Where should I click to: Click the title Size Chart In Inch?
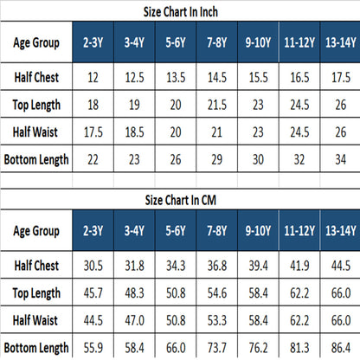pos(181,12)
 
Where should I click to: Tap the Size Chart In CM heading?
pos(181,200)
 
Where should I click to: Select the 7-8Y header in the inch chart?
pos(217,42)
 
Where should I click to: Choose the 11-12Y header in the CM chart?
pos(299,231)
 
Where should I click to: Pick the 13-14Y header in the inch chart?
pos(341,42)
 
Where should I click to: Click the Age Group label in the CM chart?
pos(36,231)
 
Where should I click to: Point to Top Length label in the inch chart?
pos(36,105)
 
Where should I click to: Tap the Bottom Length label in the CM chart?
pos(36,348)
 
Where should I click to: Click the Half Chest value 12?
pos(93,77)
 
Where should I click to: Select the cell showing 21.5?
pos(217,105)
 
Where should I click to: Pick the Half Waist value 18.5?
pos(134,132)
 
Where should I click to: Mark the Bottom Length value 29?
pos(217,159)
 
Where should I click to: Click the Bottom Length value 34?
pos(341,159)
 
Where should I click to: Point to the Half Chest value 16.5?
pos(299,77)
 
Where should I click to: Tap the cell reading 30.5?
pos(93,266)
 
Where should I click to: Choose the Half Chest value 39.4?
pos(258,266)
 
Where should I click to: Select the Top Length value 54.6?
pos(217,293)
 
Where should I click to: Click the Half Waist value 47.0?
pos(134,320)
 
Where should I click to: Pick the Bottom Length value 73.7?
pos(217,348)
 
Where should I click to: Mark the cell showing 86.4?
pos(341,348)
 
